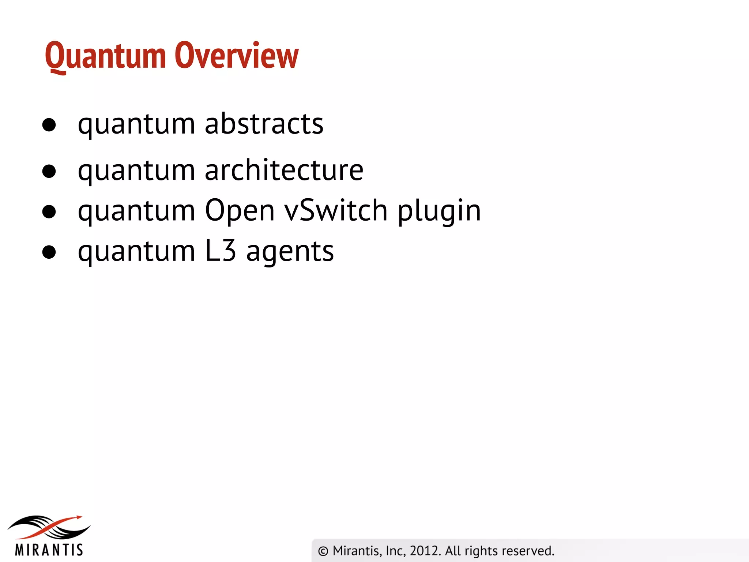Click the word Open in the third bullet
coord(240,211)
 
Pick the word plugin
coord(439,211)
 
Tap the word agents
coord(290,252)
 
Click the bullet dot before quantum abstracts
coord(49,125)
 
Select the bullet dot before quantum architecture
coord(49,171)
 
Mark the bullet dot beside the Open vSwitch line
coord(49,211)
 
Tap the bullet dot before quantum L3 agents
coord(49,252)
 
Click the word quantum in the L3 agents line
coord(136,252)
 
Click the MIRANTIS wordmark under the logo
coord(49,550)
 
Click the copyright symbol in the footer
coord(323,551)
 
